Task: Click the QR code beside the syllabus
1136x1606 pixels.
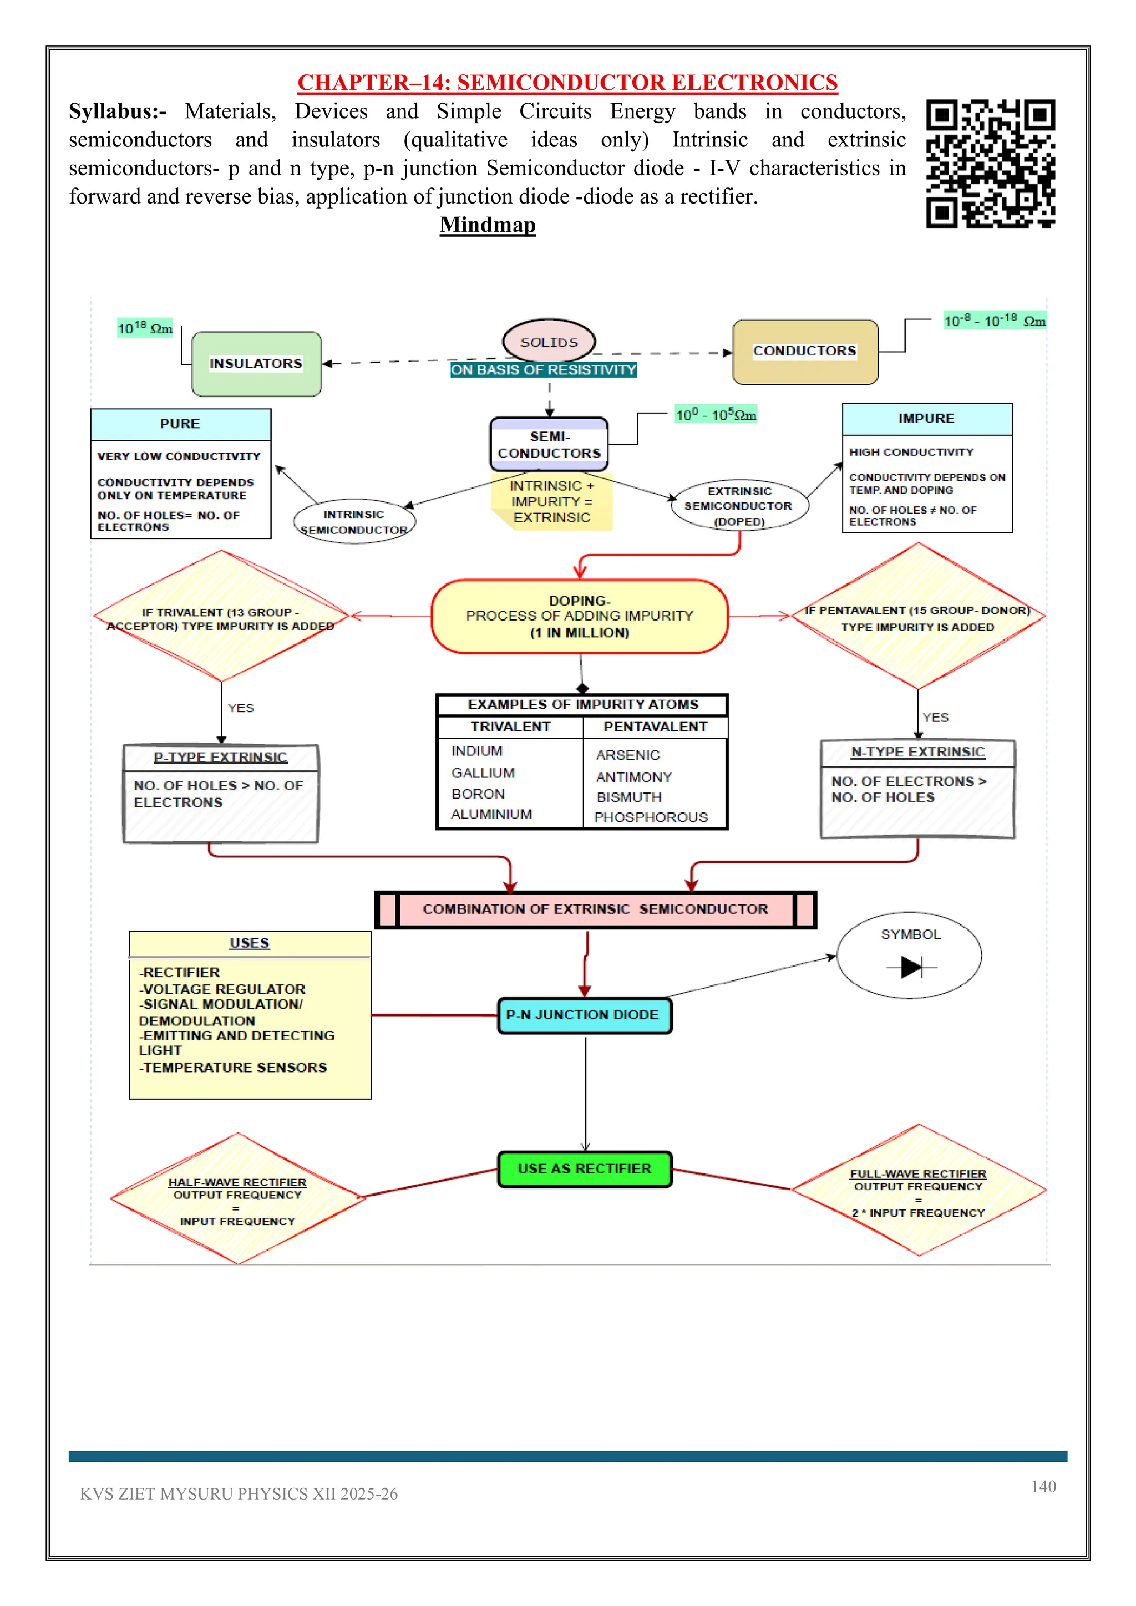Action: pyautogui.click(x=991, y=164)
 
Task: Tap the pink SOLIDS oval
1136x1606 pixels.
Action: pyautogui.click(x=549, y=342)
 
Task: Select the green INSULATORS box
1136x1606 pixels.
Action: pyautogui.click(x=257, y=364)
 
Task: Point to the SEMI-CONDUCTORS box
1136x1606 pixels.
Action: pyautogui.click(x=549, y=445)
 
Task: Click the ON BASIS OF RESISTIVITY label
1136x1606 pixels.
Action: pyautogui.click(x=544, y=370)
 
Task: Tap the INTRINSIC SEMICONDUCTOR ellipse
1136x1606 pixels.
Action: pyautogui.click(x=354, y=522)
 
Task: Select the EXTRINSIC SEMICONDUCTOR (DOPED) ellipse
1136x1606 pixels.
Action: pyautogui.click(x=739, y=506)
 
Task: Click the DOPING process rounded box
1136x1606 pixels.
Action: pyautogui.click(x=579, y=616)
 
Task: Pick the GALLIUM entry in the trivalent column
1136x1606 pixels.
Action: pyautogui.click(x=483, y=773)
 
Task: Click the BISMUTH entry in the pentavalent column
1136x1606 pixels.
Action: pyautogui.click(x=629, y=797)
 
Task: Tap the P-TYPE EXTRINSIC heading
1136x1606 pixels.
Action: pyautogui.click(x=220, y=758)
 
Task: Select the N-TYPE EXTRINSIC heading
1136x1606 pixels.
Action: pyautogui.click(x=918, y=752)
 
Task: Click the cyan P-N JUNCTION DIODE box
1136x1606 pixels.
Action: pyautogui.click(x=584, y=1015)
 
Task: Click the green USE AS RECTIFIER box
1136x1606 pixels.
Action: pyautogui.click(x=585, y=1169)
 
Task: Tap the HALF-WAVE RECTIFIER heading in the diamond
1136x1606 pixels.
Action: pyautogui.click(x=237, y=1182)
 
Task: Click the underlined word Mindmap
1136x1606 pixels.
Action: pyautogui.click(x=488, y=225)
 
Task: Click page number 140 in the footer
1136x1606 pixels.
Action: pyautogui.click(x=1043, y=1486)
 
